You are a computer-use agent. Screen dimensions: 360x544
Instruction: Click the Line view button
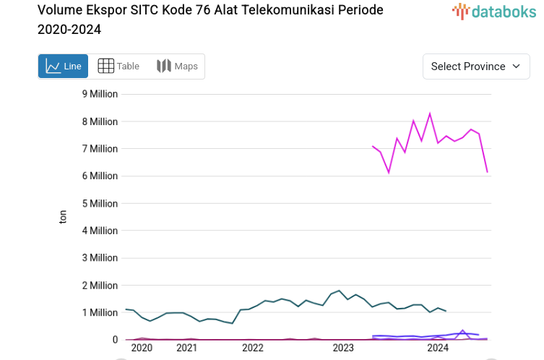click(x=63, y=67)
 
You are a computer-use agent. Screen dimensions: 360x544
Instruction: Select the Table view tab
click(x=118, y=67)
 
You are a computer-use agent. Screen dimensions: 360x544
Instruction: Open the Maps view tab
click(x=177, y=67)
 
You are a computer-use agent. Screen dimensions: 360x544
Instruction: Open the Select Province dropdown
click(x=475, y=67)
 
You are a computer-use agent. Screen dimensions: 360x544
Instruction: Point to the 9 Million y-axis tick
click(x=100, y=94)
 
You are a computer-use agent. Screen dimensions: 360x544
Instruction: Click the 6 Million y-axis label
click(x=100, y=176)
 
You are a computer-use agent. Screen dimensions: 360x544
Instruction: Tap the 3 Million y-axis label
click(x=100, y=258)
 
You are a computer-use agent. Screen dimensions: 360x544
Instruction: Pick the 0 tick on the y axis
click(x=114, y=340)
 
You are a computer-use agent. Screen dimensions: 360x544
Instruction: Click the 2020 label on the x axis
click(x=142, y=348)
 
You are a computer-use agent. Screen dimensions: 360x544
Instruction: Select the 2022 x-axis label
click(x=253, y=348)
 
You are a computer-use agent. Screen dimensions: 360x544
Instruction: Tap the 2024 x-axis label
click(x=438, y=348)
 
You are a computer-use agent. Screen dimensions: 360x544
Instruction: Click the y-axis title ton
click(x=63, y=217)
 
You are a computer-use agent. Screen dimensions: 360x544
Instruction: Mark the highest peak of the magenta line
click(x=430, y=113)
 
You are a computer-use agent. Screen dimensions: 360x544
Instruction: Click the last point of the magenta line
click(x=488, y=172)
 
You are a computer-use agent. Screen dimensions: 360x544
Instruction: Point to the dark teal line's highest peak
click(x=339, y=291)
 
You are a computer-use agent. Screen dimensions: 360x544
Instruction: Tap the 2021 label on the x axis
click(x=186, y=348)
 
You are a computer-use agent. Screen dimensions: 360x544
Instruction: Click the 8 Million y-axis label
click(x=100, y=121)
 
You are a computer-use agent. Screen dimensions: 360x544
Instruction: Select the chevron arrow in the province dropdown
click(x=516, y=67)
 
